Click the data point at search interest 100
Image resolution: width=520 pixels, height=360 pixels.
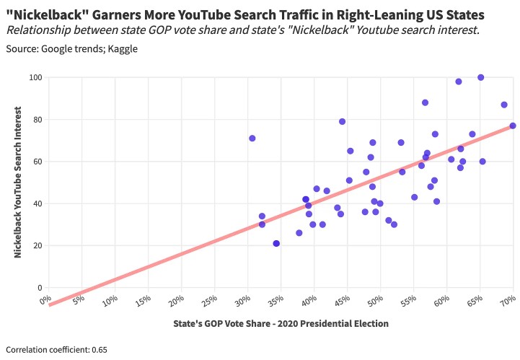[480, 77]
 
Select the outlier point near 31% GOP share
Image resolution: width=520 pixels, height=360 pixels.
[252, 138]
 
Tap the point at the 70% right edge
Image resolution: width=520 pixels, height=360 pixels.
[513, 126]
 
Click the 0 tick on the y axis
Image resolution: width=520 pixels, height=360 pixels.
[39, 288]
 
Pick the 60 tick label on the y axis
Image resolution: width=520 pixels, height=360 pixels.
[35, 162]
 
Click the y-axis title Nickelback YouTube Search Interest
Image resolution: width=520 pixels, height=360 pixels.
[17, 183]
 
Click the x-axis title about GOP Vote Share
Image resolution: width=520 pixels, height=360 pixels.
[281, 323]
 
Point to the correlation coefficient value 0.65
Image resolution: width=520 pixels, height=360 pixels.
[100, 350]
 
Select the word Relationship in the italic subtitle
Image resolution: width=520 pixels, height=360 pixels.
[40, 30]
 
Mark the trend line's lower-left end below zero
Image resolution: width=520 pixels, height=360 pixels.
[50, 304]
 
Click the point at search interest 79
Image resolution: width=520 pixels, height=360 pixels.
[342, 121]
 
